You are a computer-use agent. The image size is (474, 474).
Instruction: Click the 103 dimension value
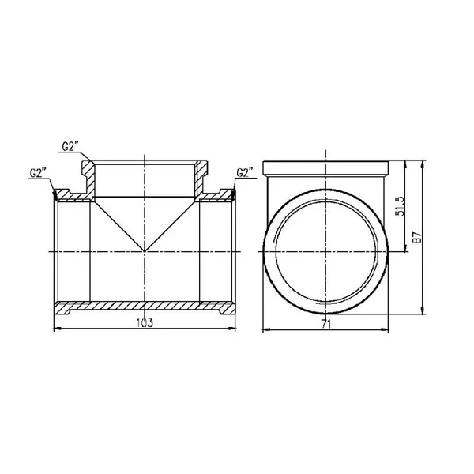pos(145,323)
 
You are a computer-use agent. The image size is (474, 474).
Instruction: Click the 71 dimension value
pos(326,325)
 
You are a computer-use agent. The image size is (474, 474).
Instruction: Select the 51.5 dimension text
pos(400,206)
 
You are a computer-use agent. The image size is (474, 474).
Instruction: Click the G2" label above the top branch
pos(70,147)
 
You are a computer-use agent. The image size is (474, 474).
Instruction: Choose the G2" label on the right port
pos(245,172)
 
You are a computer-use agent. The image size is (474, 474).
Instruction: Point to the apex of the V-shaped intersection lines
pos(145,251)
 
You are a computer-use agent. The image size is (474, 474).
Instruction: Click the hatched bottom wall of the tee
pos(145,307)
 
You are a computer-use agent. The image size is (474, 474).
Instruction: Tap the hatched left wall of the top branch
pos(89,179)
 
